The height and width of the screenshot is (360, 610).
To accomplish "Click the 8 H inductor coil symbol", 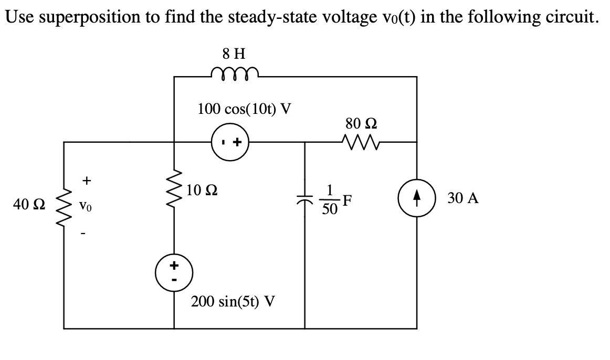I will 232,72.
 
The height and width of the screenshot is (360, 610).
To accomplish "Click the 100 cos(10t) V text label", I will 245,109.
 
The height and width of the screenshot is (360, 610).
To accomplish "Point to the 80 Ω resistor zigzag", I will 361,141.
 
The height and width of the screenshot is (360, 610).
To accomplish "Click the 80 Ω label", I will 362,124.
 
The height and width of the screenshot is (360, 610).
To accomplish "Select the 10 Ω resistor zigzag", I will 175,203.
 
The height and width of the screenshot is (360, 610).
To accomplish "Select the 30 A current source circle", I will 417,199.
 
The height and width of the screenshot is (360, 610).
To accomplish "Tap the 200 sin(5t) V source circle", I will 174,273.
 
